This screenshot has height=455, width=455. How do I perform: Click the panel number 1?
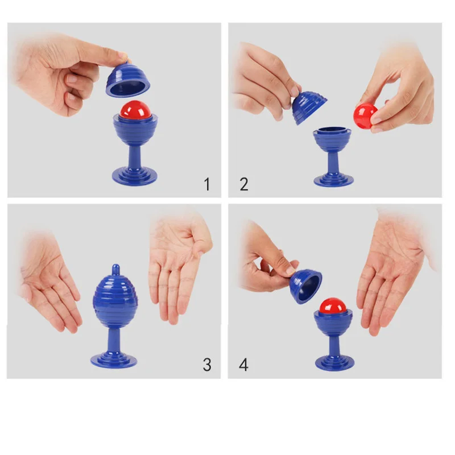coord(207,184)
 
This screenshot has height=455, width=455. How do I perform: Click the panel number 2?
coord(244,184)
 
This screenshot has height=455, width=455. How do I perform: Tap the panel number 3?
coord(207,365)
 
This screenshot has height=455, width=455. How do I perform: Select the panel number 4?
coord(244,365)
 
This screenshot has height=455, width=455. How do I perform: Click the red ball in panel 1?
coord(133,110)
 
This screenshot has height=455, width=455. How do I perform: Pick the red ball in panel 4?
coord(333,306)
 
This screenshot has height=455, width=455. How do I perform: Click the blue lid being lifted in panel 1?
coord(128,77)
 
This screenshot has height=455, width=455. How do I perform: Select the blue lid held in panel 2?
coord(308,107)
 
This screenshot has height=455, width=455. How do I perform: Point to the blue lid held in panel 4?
coord(306,286)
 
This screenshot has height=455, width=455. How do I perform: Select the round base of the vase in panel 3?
coord(114,359)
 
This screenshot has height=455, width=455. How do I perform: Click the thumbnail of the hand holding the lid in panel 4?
coord(290,270)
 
